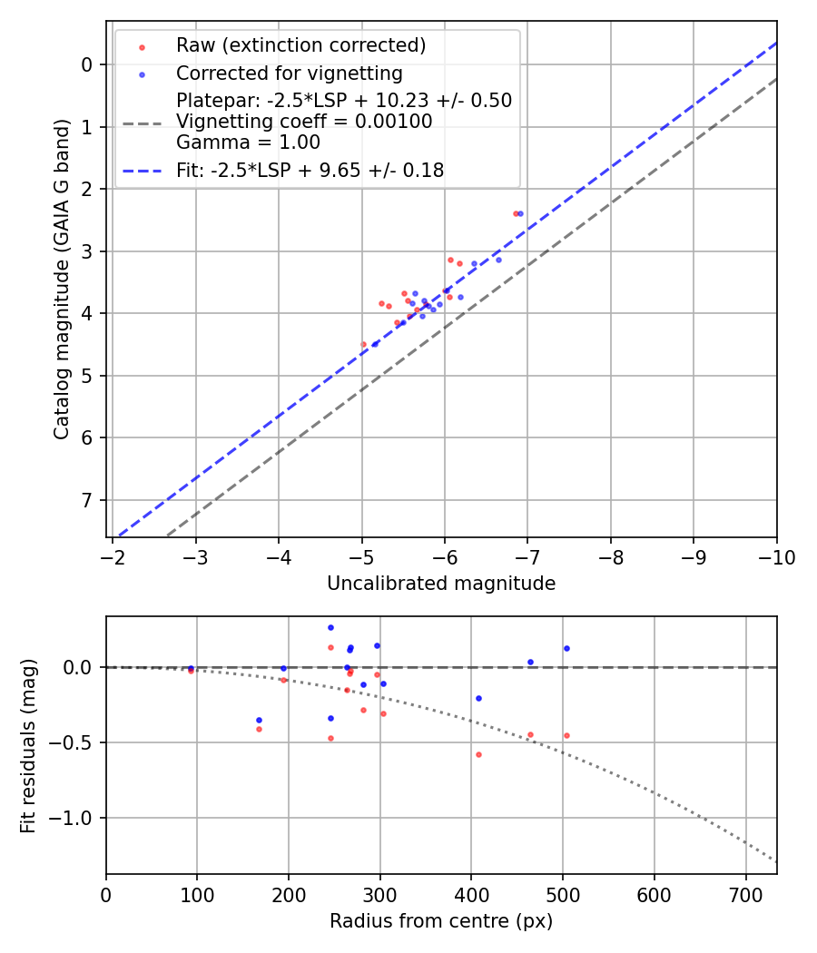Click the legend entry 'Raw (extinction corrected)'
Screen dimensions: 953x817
(x=300, y=45)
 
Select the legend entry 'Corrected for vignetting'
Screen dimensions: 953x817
(x=289, y=73)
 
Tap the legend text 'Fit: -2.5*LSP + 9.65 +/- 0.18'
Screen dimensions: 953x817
(x=310, y=170)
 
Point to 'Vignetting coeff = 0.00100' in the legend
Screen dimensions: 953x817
(x=304, y=122)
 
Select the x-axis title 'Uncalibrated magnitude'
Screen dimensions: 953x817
(x=441, y=584)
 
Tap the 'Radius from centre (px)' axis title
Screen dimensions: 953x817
(x=441, y=921)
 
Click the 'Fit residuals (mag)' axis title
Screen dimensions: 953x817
(x=28, y=746)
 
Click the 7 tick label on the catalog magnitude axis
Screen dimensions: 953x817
(x=87, y=500)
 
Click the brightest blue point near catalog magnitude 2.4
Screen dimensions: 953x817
(x=520, y=213)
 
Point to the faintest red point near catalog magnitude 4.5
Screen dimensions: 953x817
(x=364, y=344)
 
